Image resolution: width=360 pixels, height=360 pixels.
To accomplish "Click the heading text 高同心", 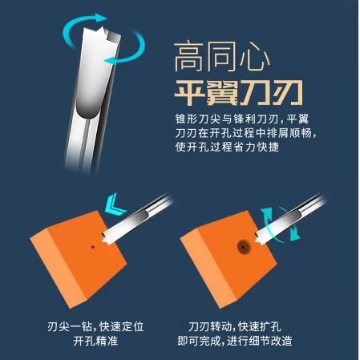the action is tap(222, 57).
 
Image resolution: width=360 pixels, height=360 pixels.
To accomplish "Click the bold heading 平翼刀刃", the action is tap(239, 92).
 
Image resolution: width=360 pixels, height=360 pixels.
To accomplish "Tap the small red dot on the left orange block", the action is tap(93, 247).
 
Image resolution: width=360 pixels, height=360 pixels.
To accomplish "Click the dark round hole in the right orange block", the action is tap(244, 247).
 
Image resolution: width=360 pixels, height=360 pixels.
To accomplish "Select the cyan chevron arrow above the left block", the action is tap(115, 204).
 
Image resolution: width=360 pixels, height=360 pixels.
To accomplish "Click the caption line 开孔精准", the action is tap(95, 341).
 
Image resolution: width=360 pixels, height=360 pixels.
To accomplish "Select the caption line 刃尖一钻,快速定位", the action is tap(95, 326).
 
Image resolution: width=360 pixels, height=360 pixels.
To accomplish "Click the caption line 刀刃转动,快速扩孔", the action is tap(235, 326).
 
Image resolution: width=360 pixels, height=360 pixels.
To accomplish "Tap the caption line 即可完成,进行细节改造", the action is tap(235, 341).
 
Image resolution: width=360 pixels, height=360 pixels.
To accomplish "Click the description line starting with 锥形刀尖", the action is tap(242, 119).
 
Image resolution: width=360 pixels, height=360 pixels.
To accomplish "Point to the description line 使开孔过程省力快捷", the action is tap(227, 147).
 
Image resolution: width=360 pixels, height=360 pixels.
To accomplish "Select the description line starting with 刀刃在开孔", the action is tap(245, 133).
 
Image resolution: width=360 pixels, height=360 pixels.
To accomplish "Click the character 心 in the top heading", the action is tap(254, 58).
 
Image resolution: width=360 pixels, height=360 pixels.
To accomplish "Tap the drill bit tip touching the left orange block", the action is tap(104, 239).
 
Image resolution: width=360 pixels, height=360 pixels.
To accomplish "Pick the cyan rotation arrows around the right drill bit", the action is tap(281, 224).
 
